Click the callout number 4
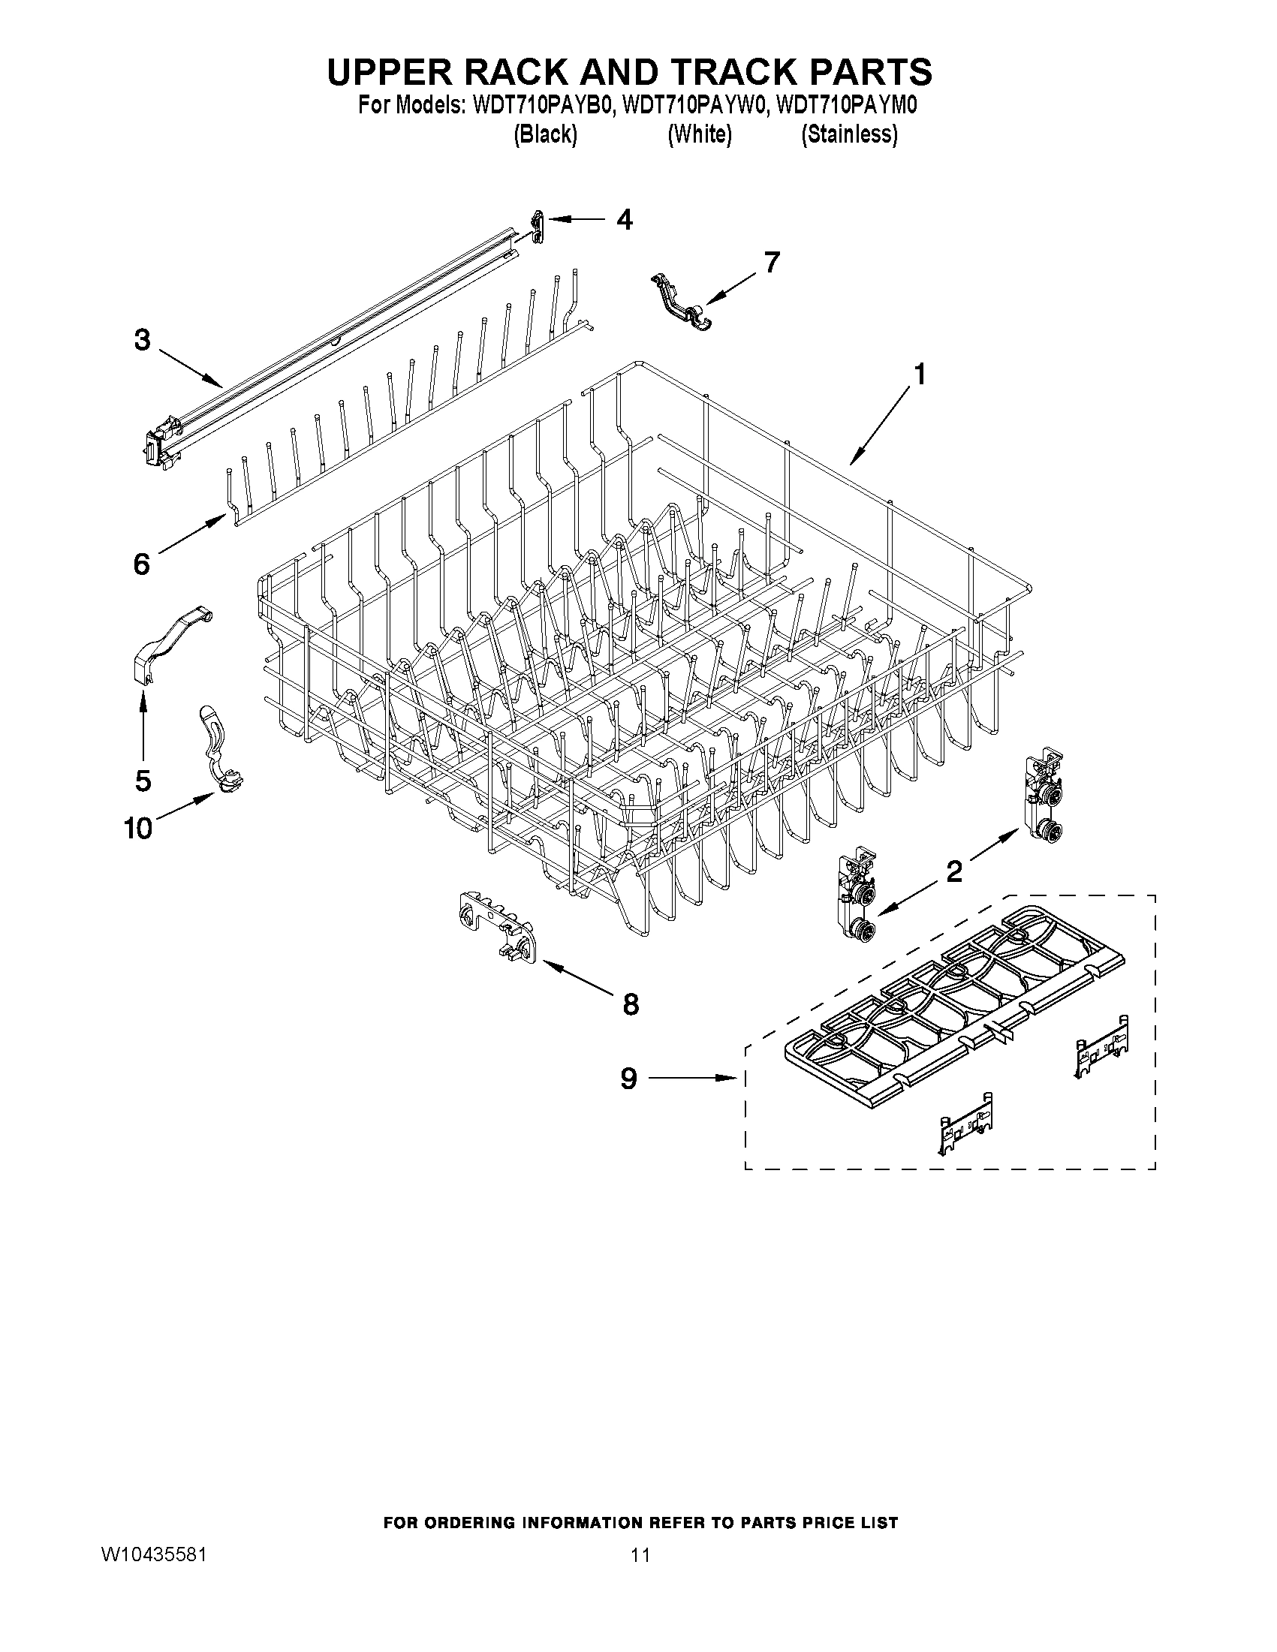624,219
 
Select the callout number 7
771,263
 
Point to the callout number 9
628,1079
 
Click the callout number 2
954,872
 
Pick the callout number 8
630,1004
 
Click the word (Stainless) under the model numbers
850,134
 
